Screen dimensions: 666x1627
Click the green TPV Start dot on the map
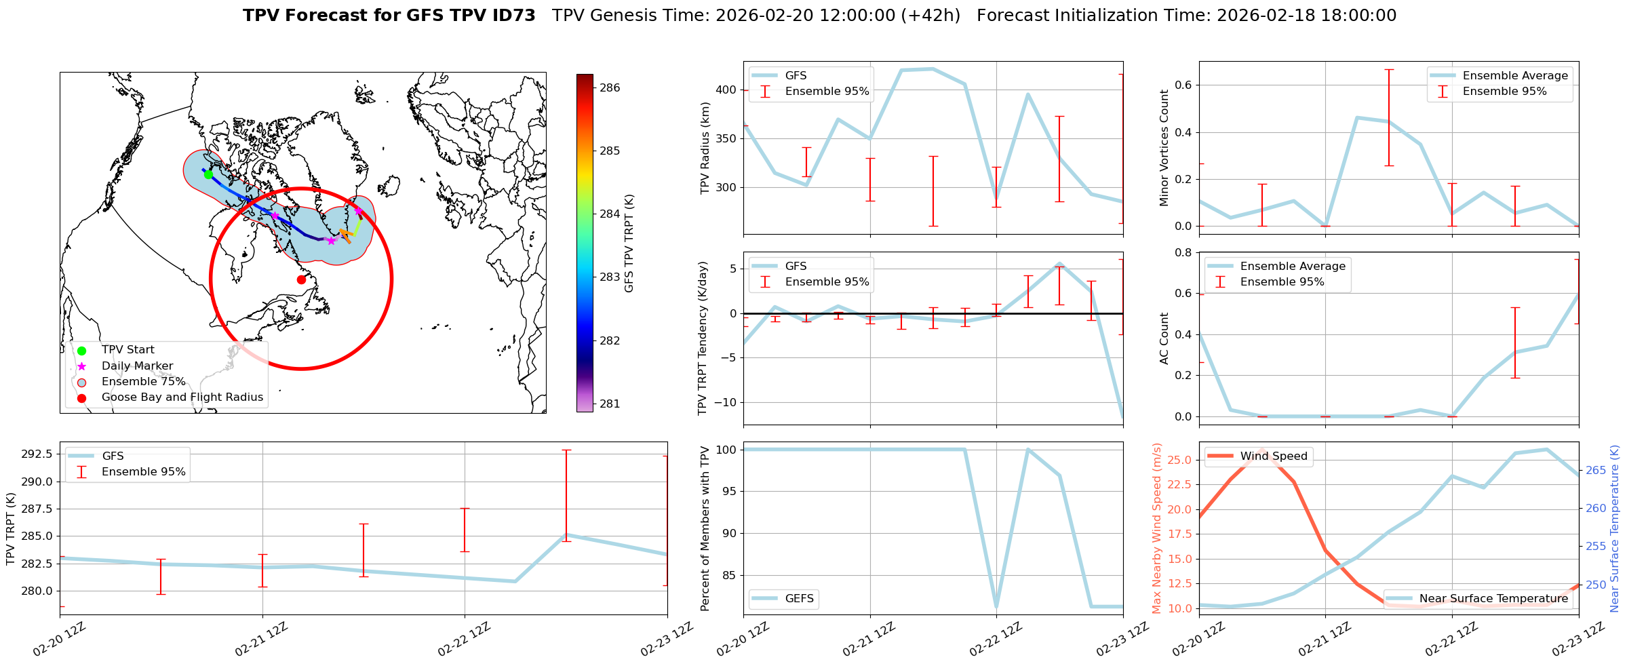pyautogui.click(x=208, y=174)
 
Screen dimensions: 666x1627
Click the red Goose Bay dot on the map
pyautogui.click(x=301, y=279)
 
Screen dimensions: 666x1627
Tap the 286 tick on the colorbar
pyautogui.click(x=610, y=87)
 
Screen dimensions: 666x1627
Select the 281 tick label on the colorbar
pyautogui.click(x=610, y=404)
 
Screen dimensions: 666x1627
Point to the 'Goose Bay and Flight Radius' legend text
pyautogui.click(x=182, y=397)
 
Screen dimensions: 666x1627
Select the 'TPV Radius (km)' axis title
pyautogui.click(x=705, y=148)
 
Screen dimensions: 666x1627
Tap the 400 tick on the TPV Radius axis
pyautogui.click(x=726, y=90)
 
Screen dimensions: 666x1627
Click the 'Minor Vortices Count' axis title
pyautogui.click(x=1164, y=148)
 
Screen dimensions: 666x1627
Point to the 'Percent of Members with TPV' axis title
pyautogui.click(x=705, y=528)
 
